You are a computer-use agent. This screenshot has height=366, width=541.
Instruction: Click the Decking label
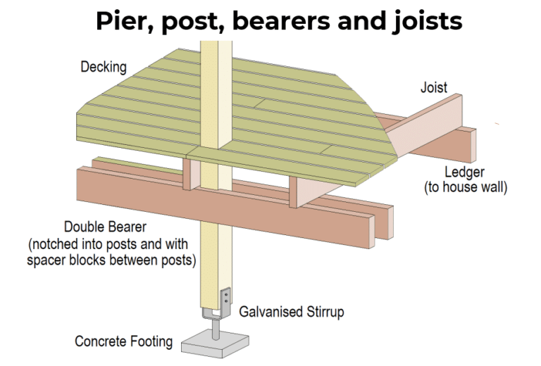click(104, 68)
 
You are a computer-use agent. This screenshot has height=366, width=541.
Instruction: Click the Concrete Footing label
click(124, 342)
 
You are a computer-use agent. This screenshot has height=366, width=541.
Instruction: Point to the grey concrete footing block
click(216, 345)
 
